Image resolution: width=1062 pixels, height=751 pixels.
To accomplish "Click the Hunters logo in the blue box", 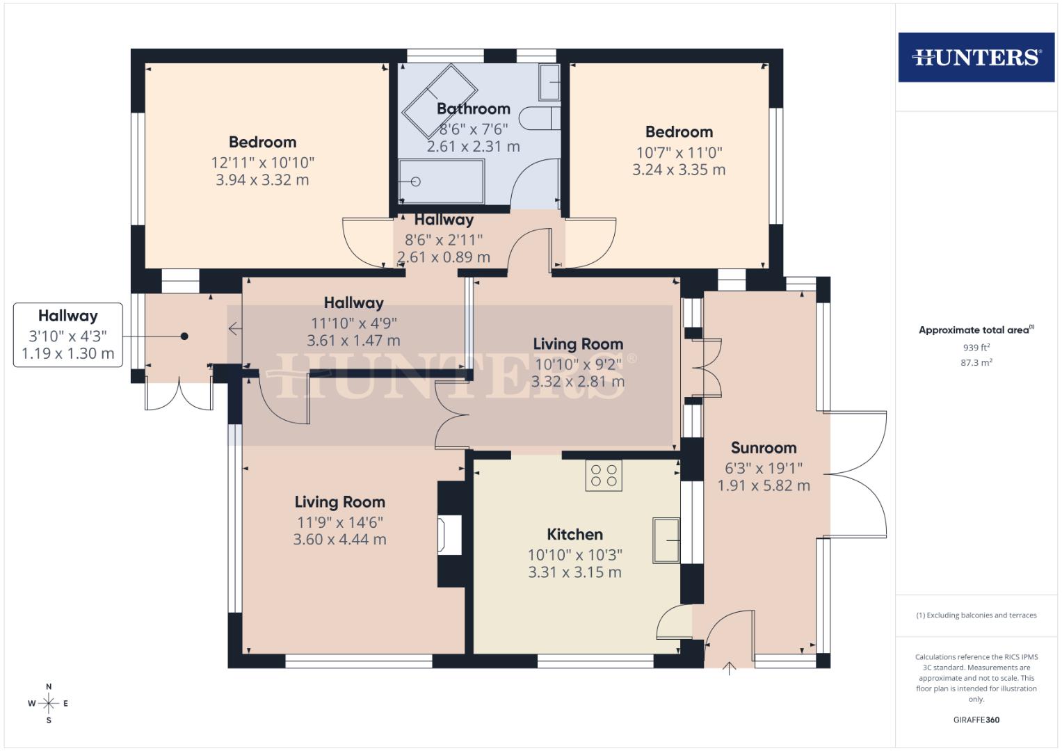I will point(976,57).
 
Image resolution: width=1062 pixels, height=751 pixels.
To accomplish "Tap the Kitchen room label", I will point(574,535).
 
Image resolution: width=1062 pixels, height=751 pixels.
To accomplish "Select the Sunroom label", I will point(764,448).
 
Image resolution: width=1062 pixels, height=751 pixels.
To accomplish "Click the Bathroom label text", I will point(474,108).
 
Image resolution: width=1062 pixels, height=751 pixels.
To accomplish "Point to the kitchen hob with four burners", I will point(604,476).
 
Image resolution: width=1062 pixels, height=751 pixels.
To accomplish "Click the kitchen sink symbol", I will point(666,540).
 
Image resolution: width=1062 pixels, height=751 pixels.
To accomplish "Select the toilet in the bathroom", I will point(540,118).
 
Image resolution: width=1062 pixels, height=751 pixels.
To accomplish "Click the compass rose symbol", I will point(49,704).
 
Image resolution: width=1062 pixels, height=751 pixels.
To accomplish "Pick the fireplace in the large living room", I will point(450,535).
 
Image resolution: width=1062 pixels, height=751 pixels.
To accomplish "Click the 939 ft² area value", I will point(976,348).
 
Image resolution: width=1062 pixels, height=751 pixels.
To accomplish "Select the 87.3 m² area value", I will point(976,362).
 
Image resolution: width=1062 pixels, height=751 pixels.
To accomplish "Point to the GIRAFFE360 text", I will point(976,720).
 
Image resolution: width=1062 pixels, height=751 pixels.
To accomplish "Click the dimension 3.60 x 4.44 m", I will point(339,540).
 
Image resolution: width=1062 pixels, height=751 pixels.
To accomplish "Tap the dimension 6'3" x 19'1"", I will point(764,468).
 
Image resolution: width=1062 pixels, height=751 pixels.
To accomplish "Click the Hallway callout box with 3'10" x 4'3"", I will point(68,335).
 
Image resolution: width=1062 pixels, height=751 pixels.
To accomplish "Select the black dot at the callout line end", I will point(184,337).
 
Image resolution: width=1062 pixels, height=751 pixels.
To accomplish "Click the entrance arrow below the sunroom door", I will point(729,669).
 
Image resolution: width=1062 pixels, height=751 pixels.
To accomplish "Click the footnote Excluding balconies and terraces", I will point(976,615).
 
